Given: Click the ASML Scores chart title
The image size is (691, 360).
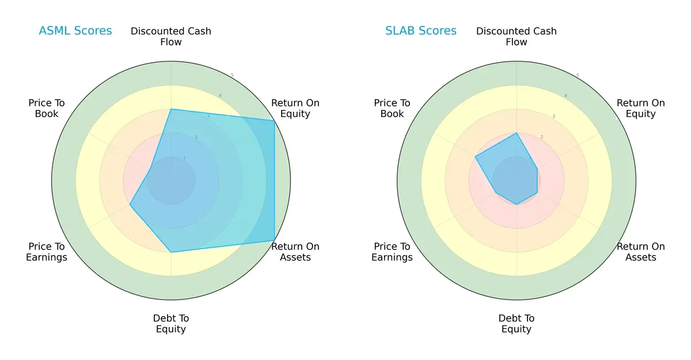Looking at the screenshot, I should click(x=75, y=31).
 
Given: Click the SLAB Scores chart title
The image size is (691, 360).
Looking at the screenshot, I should click(x=421, y=31).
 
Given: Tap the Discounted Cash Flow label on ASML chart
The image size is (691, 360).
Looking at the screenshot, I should click(x=171, y=36).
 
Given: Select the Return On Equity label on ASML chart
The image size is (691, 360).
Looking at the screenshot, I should click(x=295, y=108).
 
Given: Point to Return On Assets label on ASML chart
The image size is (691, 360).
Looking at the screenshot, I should click(x=295, y=252).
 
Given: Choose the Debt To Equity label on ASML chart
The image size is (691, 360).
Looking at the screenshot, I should click(x=171, y=324).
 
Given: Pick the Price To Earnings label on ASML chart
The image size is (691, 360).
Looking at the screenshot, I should click(x=47, y=252).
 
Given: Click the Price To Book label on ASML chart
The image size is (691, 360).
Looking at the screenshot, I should click(x=47, y=108).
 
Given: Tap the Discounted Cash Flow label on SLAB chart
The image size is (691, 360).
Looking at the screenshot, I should click(x=517, y=36).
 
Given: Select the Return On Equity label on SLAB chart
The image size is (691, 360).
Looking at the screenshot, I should click(x=641, y=108).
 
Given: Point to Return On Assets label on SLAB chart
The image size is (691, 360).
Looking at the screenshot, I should click(x=641, y=252).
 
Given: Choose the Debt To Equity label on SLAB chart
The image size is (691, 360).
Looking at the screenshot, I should click(x=517, y=324).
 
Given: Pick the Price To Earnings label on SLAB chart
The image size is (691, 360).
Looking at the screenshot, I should click(x=392, y=252).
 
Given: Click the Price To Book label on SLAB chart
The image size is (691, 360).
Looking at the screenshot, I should click(x=392, y=108).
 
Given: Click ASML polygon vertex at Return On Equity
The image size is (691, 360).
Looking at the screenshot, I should click(x=274, y=120).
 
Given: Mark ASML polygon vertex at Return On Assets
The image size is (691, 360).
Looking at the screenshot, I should click(x=274, y=240).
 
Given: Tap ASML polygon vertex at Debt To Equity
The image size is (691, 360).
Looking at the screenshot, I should click(x=171, y=252).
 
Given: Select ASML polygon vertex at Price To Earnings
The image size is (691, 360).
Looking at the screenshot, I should click(x=130, y=204).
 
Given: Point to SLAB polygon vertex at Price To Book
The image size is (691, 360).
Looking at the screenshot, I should click(x=475, y=157).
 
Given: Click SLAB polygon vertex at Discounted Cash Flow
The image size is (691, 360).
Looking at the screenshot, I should click(x=517, y=133).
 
